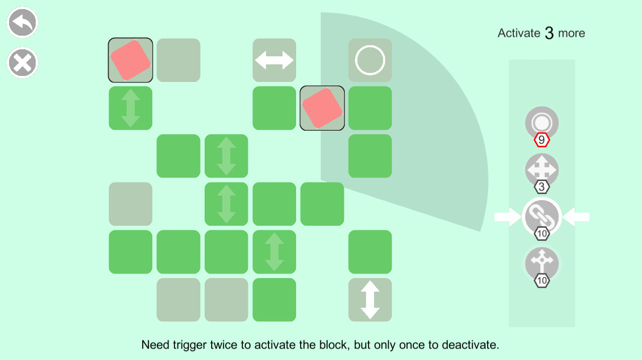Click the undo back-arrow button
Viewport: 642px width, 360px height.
23,22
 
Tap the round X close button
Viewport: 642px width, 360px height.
23,63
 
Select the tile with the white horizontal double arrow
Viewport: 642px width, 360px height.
274,60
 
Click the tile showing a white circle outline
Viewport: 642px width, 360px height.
370,60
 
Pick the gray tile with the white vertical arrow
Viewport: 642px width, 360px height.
370,300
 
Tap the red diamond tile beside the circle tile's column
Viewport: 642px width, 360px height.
322,108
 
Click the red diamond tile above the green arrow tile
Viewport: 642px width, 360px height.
131,60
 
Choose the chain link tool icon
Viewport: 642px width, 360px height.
542,216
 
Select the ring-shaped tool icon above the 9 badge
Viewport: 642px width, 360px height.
542,122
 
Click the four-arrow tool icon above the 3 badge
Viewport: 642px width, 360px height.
542,169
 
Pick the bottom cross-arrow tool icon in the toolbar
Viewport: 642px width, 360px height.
542,263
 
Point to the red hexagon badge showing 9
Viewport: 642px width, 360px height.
542,140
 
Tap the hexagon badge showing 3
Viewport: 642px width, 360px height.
542,188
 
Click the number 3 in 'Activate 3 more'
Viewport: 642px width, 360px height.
549,34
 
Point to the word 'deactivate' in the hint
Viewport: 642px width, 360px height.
469,345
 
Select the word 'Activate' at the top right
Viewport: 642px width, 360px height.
519,33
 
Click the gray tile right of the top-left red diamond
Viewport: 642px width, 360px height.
178,60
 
